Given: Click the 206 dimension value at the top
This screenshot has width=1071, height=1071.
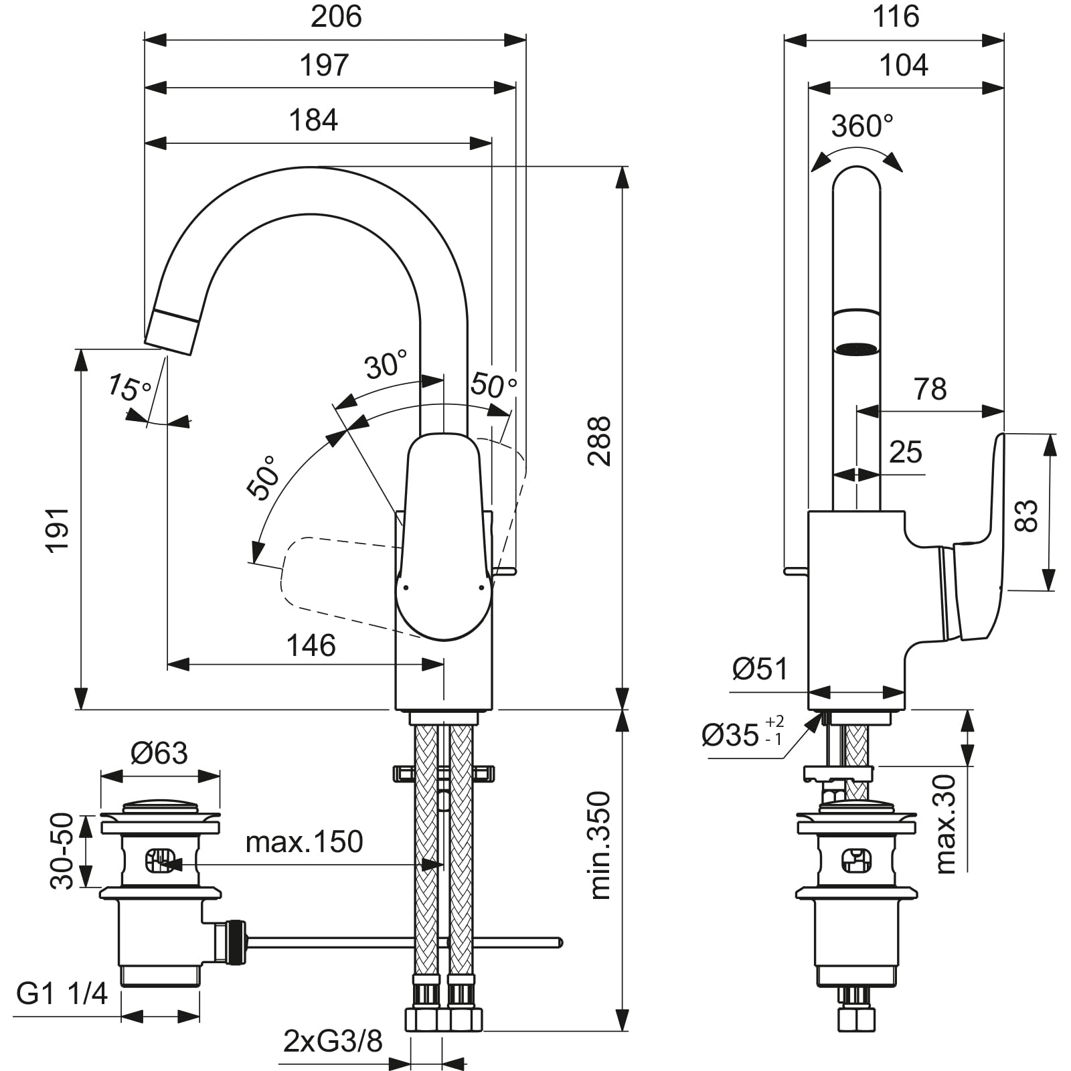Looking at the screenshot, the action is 336,17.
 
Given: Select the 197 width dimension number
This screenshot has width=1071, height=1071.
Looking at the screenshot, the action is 325,66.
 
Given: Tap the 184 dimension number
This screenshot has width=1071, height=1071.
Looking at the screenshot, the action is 313,120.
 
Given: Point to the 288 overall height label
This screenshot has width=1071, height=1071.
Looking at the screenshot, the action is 598,441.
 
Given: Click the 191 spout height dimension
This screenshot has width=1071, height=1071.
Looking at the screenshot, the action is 58,529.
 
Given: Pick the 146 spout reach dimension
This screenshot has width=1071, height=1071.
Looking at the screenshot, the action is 311,646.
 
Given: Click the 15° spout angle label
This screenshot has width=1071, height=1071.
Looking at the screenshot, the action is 130,389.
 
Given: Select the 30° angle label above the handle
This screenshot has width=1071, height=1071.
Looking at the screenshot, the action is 386,365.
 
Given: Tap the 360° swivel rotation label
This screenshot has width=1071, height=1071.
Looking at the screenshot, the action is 862,126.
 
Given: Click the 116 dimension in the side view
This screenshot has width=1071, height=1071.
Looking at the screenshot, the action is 896,17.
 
